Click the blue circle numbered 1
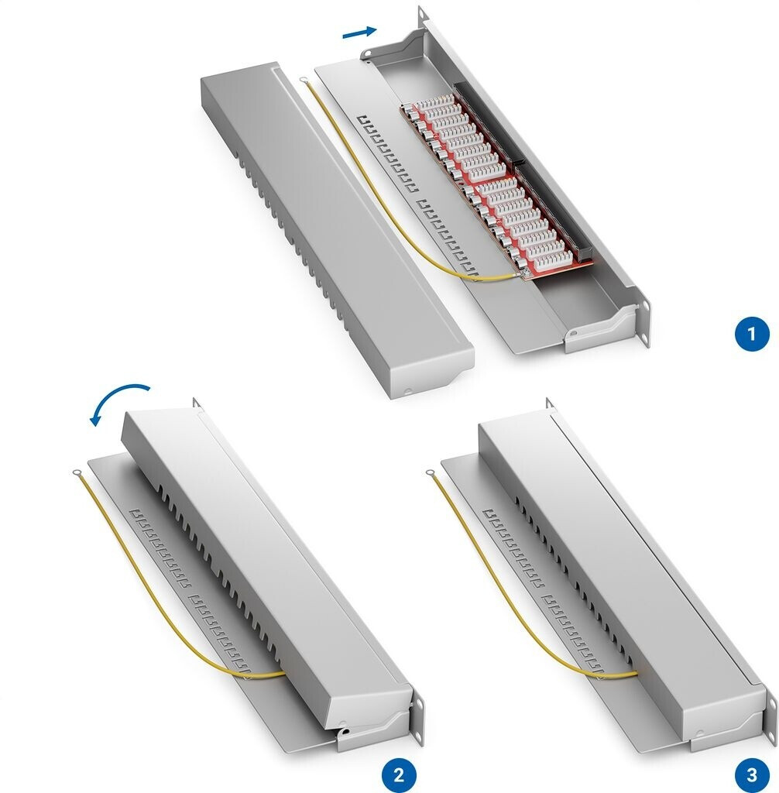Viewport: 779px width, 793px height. point(751,334)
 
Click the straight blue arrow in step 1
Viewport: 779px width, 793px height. point(359,32)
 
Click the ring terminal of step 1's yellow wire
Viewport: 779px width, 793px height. point(304,80)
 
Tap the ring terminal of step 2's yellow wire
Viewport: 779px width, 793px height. point(78,472)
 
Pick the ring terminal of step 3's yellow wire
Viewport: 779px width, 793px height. point(431,473)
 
